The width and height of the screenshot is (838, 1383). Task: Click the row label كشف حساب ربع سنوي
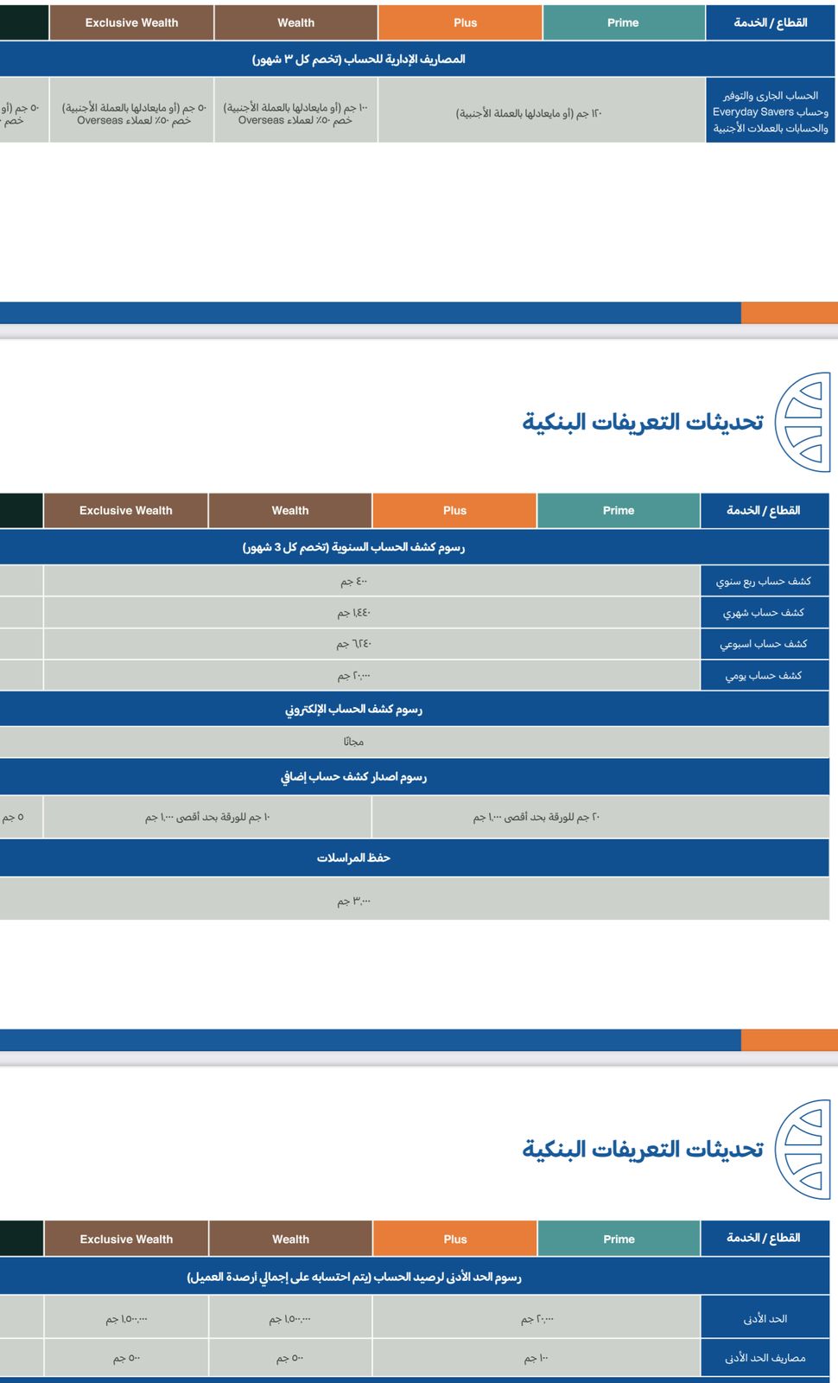click(764, 581)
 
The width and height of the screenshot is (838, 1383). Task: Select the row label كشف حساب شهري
click(764, 612)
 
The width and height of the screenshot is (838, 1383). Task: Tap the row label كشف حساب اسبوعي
click(764, 644)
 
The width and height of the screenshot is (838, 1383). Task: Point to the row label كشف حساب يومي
click(764, 675)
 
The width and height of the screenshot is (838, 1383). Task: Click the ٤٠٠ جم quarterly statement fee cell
click(354, 581)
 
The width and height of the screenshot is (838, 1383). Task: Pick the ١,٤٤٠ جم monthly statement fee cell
click(354, 612)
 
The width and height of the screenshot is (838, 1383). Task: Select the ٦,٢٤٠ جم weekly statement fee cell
click(354, 644)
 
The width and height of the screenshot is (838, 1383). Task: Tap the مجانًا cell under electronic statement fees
click(353, 742)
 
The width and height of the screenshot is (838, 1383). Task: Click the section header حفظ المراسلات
click(353, 857)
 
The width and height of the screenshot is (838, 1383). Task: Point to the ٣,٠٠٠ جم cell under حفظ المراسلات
click(353, 901)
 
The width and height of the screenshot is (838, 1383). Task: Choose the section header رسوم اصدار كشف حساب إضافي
click(353, 776)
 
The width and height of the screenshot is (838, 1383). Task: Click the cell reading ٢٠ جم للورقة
click(536, 817)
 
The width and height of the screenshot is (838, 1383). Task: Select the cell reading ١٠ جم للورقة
click(207, 817)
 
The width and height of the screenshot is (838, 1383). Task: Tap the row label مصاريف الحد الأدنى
click(765, 1358)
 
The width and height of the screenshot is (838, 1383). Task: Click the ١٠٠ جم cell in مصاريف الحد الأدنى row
click(536, 1358)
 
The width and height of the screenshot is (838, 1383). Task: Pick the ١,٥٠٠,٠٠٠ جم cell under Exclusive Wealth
click(127, 1319)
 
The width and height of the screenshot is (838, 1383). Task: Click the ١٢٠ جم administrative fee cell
click(529, 113)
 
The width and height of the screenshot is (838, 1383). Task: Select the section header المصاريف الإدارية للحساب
click(359, 59)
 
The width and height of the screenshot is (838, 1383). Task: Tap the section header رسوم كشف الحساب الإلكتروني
click(353, 709)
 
